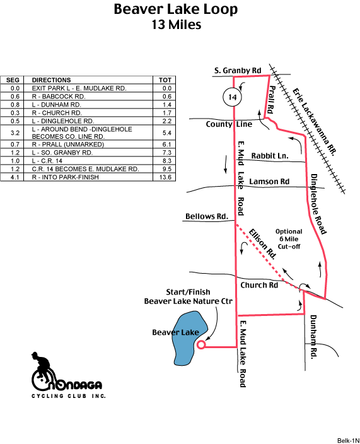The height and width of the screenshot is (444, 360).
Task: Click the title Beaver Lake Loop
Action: (x=175, y=9)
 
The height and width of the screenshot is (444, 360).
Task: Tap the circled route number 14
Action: (x=232, y=97)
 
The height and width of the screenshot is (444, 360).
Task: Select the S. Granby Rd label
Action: (x=238, y=71)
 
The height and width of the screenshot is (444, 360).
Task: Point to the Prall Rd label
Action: (x=272, y=100)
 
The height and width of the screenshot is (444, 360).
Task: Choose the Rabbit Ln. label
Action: (x=270, y=156)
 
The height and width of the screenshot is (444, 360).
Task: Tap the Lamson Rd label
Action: (x=269, y=182)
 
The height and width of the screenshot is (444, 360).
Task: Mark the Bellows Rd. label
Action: (x=207, y=216)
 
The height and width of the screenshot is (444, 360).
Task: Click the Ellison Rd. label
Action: (x=262, y=244)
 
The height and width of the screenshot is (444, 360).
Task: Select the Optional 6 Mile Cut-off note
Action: (x=289, y=239)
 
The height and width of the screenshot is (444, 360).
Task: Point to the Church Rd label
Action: (x=259, y=285)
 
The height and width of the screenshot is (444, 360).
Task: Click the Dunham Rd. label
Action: (x=313, y=337)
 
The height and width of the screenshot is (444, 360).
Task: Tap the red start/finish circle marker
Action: (x=201, y=345)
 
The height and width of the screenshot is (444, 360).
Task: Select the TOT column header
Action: (x=165, y=80)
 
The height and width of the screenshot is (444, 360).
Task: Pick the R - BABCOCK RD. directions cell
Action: (x=59, y=96)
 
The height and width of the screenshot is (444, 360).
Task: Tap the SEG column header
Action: (x=13, y=80)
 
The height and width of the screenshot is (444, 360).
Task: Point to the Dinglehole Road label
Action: (x=318, y=204)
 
